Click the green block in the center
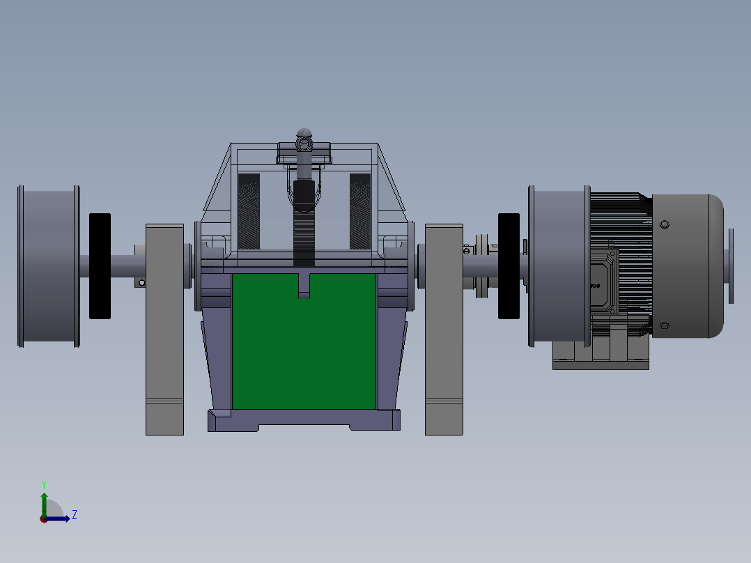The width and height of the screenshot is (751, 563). tap(304, 348)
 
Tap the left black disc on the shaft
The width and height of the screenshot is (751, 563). tap(100, 266)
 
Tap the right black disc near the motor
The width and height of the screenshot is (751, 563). tap(509, 266)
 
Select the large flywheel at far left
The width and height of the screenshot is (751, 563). tap(48, 266)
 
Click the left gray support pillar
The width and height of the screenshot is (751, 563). tap(164, 327)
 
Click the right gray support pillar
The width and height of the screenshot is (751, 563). tap(444, 327)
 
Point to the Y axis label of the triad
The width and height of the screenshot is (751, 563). tap(43, 484)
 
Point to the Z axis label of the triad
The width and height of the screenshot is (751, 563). tap(74, 515)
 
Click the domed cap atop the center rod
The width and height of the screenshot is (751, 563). tap(304, 132)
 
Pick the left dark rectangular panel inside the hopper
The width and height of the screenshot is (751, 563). tap(249, 211)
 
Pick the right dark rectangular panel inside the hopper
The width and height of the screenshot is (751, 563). tap(360, 211)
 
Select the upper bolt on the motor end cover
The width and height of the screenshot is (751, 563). tap(664, 224)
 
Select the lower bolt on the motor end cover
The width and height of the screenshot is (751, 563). tap(664, 325)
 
